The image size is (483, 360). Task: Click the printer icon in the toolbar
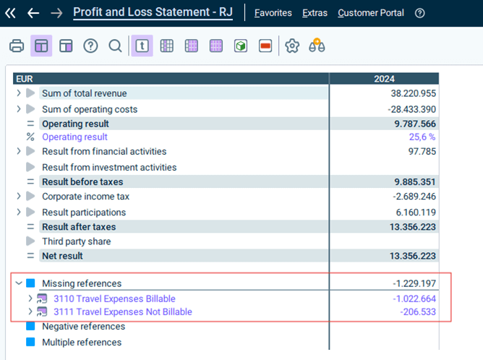click(x=17, y=46)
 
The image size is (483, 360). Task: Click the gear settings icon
click(x=292, y=46)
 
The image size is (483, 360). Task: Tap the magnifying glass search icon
click(x=115, y=46)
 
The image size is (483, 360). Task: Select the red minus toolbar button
click(x=265, y=46)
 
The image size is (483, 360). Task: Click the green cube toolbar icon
click(x=241, y=46)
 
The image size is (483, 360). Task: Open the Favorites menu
click(x=273, y=13)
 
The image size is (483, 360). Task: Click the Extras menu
click(x=315, y=13)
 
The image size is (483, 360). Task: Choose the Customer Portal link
click(x=371, y=13)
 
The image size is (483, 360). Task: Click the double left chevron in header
click(x=10, y=13)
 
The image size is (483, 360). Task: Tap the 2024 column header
click(x=384, y=79)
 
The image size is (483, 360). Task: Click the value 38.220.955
click(x=414, y=93)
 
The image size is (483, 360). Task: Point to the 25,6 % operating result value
click(x=422, y=137)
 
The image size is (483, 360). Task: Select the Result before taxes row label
click(x=82, y=182)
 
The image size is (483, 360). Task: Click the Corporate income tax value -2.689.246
click(x=414, y=197)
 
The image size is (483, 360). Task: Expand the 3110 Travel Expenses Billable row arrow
click(x=30, y=299)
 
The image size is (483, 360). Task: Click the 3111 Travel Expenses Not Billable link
click(x=123, y=312)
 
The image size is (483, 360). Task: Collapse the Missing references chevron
click(x=19, y=283)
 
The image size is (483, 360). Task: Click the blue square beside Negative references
click(x=30, y=326)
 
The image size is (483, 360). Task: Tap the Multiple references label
click(x=82, y=342)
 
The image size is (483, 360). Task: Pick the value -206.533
click(x=418, y=312)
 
